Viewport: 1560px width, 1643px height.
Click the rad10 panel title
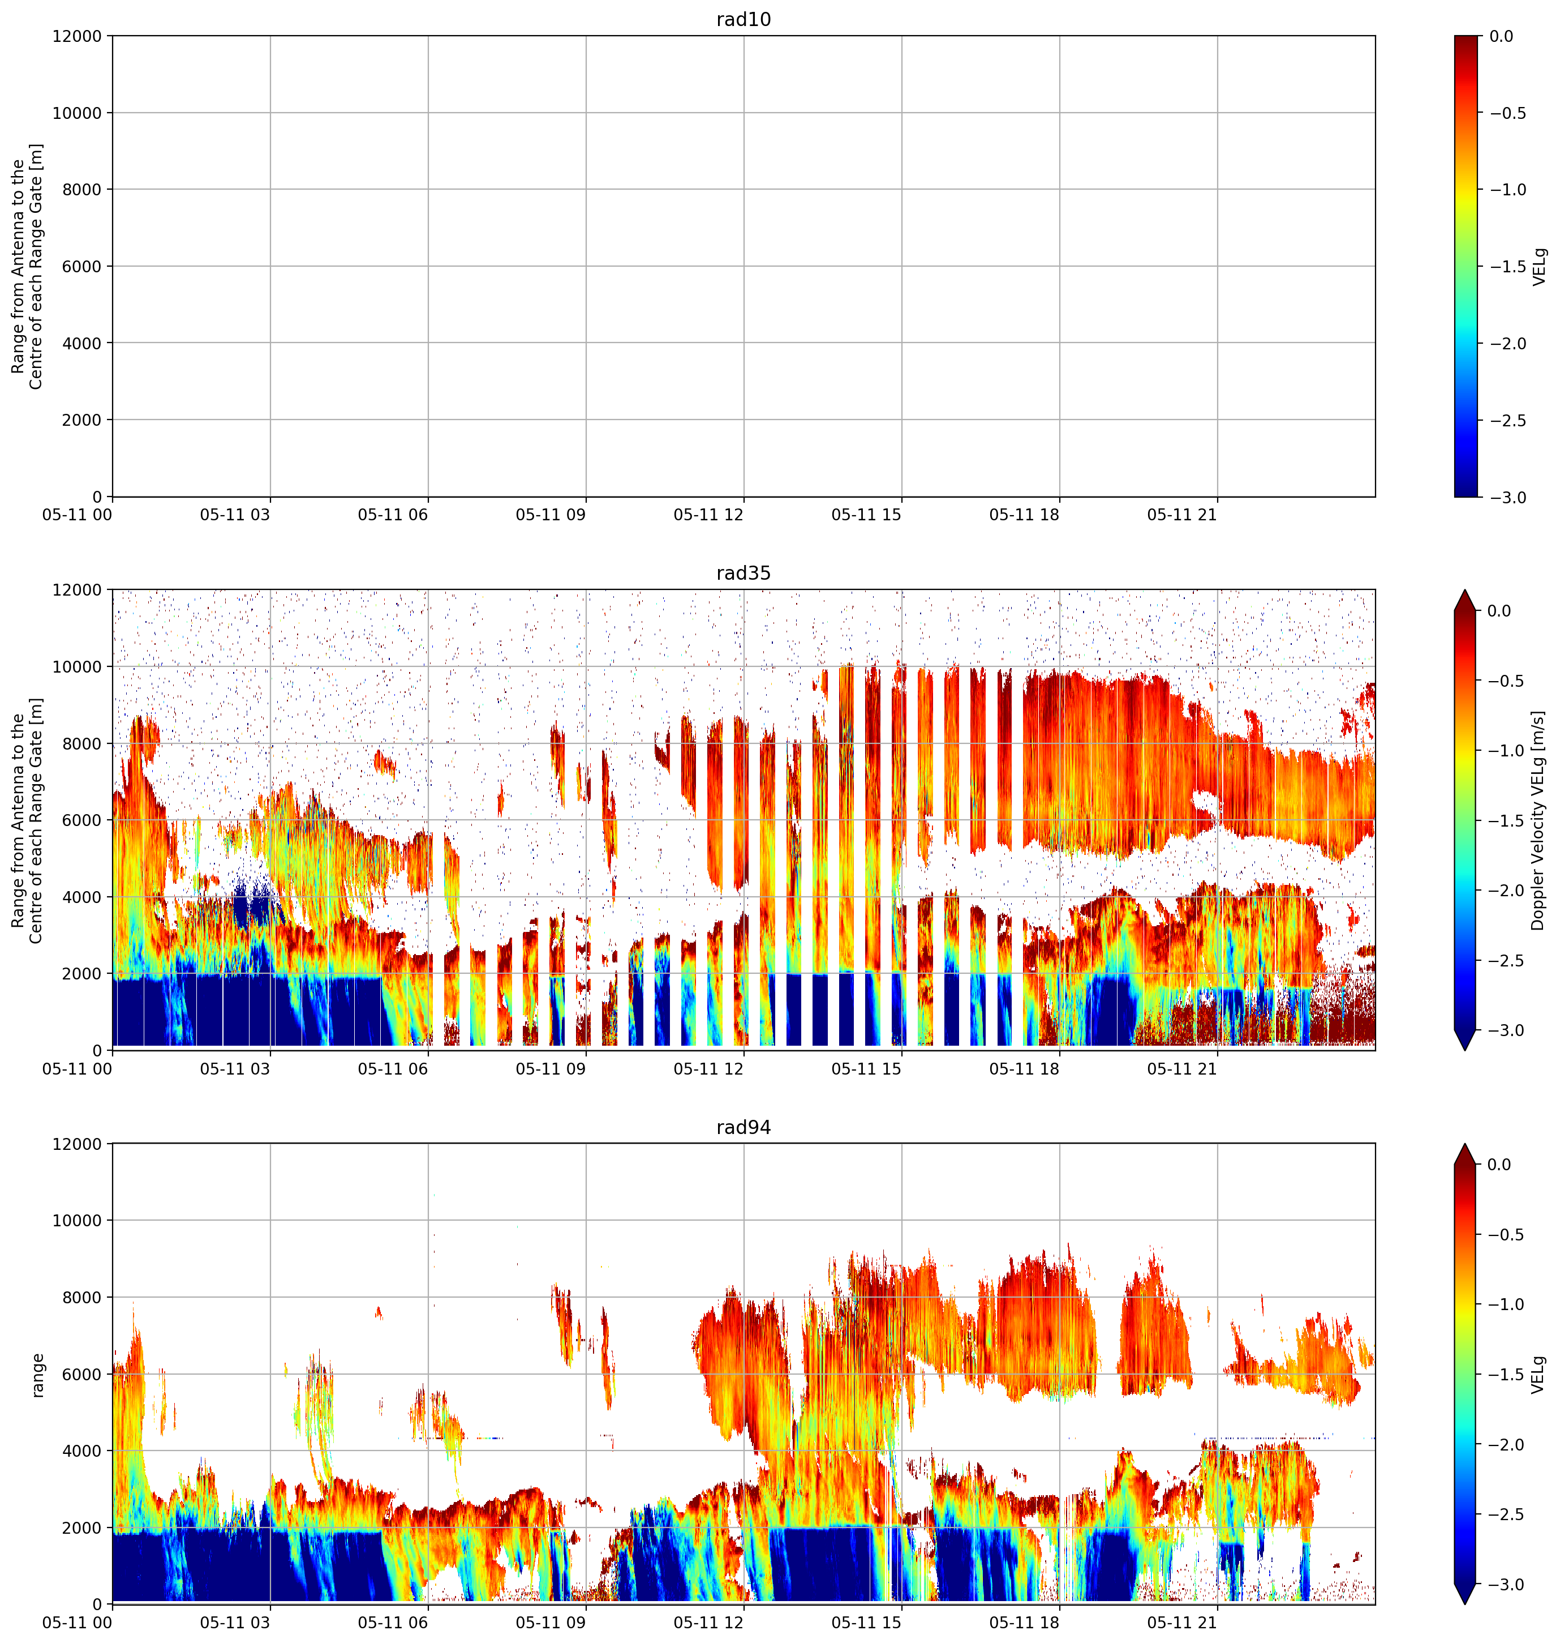[744, 19]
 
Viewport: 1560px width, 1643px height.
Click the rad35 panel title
[744, 573]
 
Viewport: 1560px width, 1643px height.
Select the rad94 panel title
[744, 1127]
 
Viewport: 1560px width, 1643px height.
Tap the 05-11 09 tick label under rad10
[551, 515]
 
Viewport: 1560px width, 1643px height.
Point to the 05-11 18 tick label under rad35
[1025, 1069]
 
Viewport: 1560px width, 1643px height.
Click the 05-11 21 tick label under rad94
[1183, 1623]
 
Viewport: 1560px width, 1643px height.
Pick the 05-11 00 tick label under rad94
[78, 1623]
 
